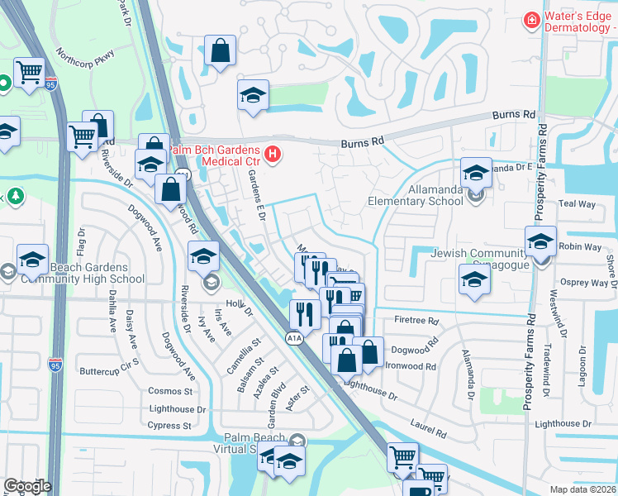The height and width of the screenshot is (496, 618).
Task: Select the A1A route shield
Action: click(293, 337)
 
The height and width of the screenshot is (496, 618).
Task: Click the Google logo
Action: click(26, 486)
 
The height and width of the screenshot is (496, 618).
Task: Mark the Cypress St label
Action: click(169, 427)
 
